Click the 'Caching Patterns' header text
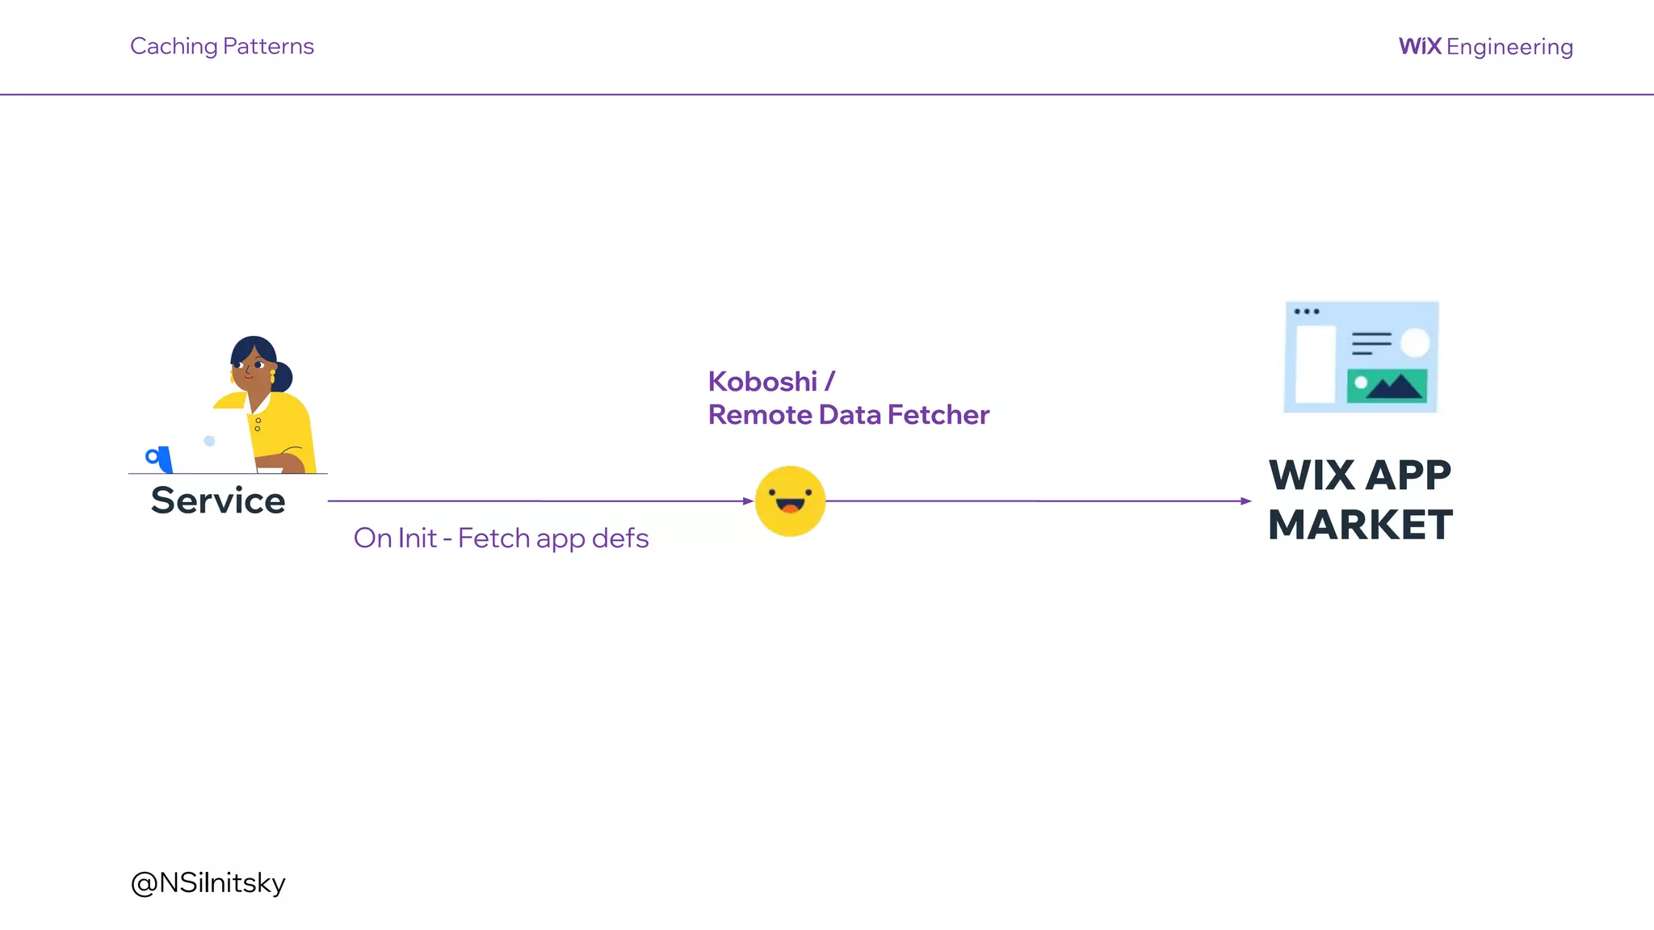[x=221, y=46]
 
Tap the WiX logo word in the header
[x=1420, y=46]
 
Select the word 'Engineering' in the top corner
[x=1509, y=47]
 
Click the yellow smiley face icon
[x=790, y=501]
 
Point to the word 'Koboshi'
[x=762, y=381]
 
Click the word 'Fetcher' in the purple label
[x=938, y=414]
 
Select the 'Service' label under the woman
[x=218, y=501]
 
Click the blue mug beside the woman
[x=160, y=459]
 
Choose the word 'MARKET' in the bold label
[x=1360, y=525]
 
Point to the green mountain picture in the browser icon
[x=1387, y=386]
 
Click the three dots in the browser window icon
[x=1306, y=312]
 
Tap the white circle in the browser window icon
[x=1414, y=342]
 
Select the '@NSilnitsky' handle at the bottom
[x=208, y=882]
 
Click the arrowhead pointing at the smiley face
[x=748, y=501]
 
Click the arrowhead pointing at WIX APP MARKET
[x=1246, y=501]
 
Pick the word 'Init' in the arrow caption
[x=417, y=538]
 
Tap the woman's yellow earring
[x=273, y=376]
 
